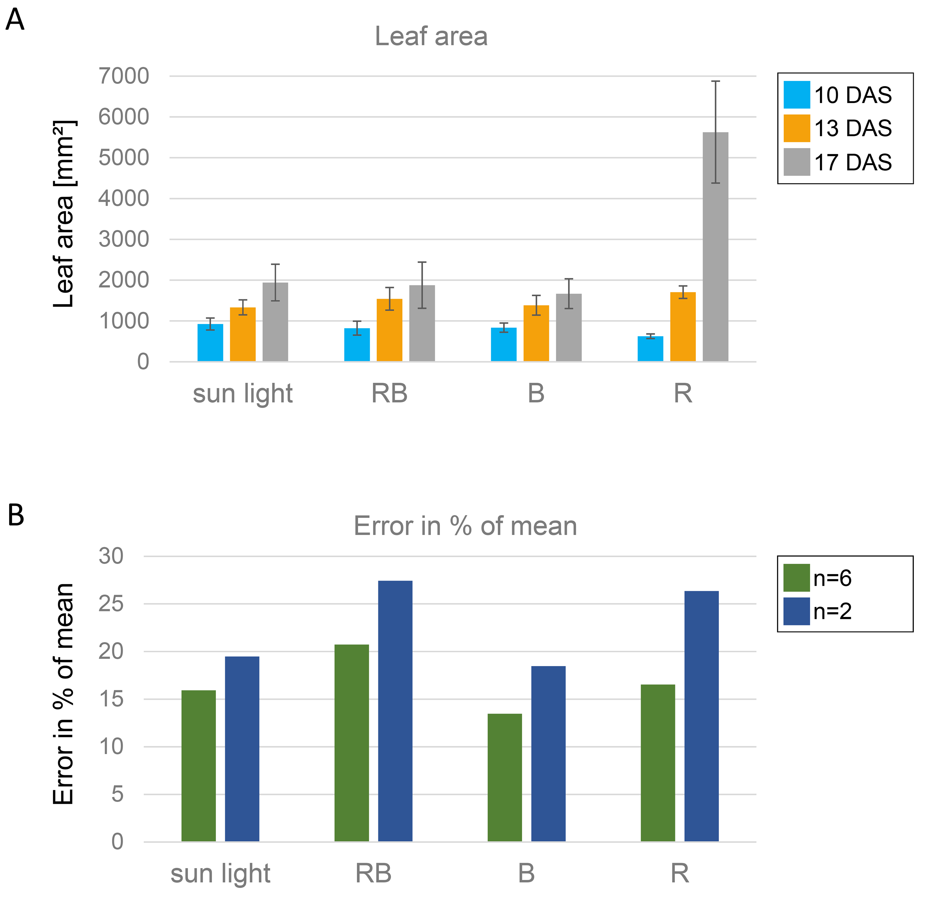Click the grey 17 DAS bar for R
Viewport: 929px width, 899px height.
[715, 247]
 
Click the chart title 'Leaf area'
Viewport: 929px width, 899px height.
[431, 36]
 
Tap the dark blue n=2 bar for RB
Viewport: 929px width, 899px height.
[395, 711]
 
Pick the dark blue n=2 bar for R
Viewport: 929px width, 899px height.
[701, 716]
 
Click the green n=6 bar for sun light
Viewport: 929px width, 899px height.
[199, 766]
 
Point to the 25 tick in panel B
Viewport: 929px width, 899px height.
[111, 604]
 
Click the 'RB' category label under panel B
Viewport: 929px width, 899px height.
[373, 873]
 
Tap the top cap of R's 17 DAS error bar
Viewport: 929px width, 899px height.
[715, 81]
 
